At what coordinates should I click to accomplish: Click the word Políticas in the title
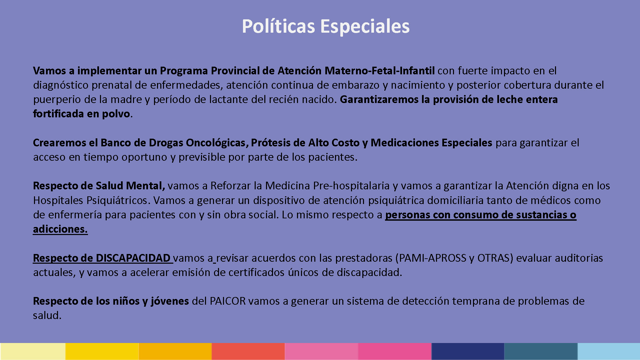(x=278, y=26)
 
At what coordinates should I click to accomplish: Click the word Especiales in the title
(x=365, y=27)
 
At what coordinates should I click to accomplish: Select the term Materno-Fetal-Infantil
(x=380, y=71)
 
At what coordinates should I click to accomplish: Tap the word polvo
(x=116, y=114)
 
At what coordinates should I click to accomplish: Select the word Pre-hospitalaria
(x=351, y=186)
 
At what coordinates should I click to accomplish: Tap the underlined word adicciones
(x=60, y=229)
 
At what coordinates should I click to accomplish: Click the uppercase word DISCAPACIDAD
(x=133, y=258)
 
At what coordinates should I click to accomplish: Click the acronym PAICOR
(x=228, y=301)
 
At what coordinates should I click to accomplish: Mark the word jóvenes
(x=170, y=301)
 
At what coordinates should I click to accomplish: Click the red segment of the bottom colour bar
(x=248, y=351)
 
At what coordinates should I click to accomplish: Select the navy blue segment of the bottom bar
(x=468, y=351)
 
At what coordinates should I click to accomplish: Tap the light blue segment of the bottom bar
(x=609, y=351)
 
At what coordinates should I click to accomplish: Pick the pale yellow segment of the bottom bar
(x=33, y=351)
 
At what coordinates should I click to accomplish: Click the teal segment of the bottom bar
(x=541, y=351)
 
